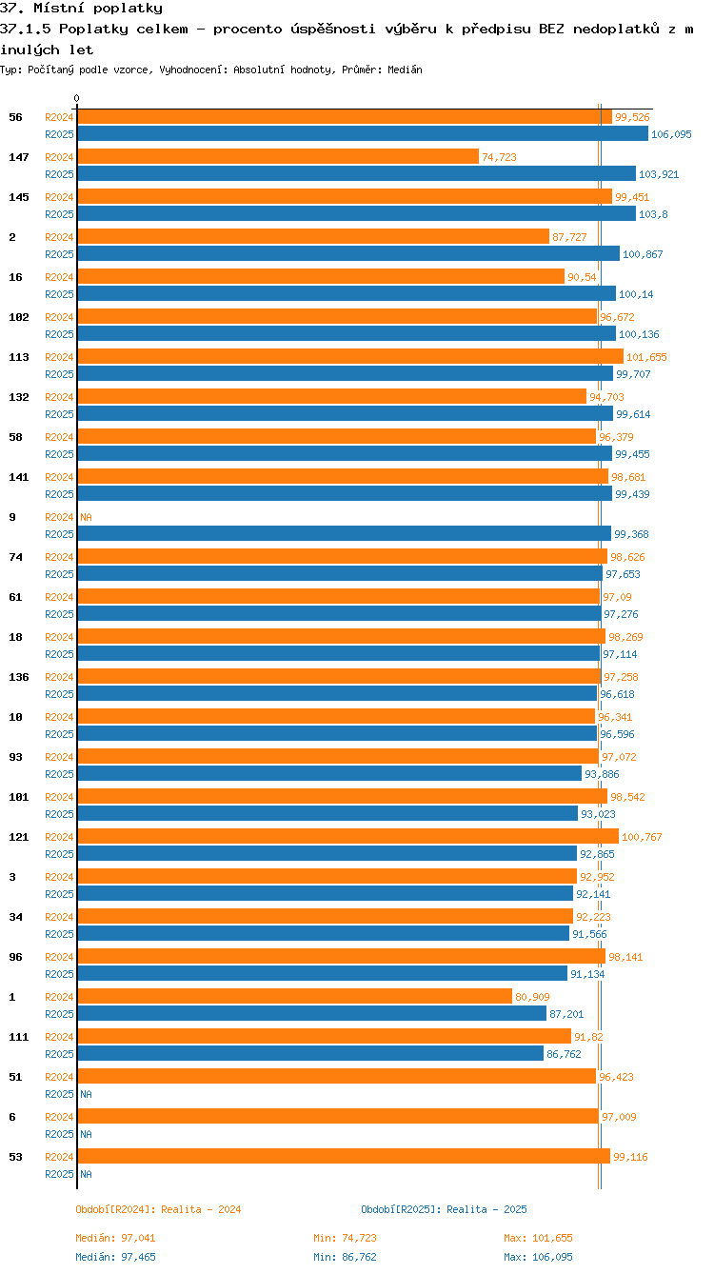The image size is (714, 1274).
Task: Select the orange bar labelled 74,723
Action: pos(277,157)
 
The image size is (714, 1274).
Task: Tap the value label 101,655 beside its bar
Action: pos(646,357)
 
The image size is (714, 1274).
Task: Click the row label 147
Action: pos(18,157)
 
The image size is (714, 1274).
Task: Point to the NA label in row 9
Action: pos(86,517)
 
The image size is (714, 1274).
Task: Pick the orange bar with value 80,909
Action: pos(294,997)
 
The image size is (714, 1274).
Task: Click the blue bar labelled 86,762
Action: pos(309,1054)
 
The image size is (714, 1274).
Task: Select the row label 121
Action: pos(18,837)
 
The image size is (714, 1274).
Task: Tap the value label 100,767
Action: pos(641,837)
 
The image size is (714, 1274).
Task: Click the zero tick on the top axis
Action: pos(76,98)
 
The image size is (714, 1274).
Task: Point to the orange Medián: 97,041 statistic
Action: pos(115,1238)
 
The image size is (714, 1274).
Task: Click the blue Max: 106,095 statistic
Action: pos(538,1257)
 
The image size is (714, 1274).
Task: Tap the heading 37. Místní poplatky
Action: pos(81,9)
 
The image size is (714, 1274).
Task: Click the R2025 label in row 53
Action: pos(59,1174)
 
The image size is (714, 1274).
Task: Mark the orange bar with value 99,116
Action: pos(343,1157)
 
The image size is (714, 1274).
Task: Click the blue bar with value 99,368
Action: pos(344,534)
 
